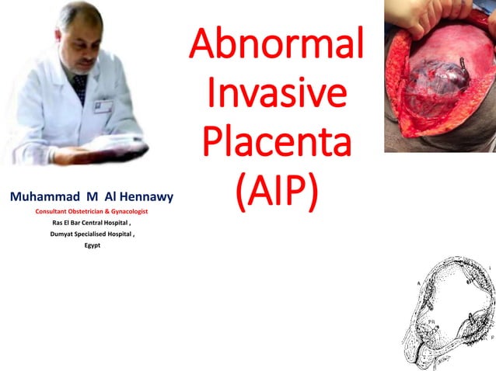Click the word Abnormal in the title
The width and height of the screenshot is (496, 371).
coord(276,46)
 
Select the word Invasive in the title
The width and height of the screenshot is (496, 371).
coord(276,93)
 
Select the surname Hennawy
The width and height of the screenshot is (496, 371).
coord(145,197)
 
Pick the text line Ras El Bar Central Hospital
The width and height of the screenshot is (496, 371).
coord(92,223)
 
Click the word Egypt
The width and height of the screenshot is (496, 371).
coord(92,245)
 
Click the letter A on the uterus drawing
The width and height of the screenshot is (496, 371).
coord(417,285)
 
